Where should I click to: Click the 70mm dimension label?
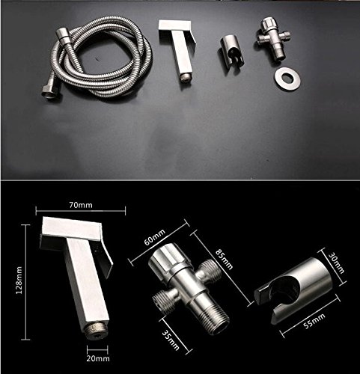pos(81,205)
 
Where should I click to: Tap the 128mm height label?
pos(19,280)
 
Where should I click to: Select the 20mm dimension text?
pos(98,358)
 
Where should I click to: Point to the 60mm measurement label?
pos(155,237)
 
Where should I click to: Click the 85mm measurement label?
pos(224,259)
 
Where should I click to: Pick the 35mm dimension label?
pos(171,340)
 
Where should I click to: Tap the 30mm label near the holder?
pos(337,263)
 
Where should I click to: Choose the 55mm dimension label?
pos(314,321)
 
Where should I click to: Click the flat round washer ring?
pos(287,79)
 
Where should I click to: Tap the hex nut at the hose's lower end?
pos(49,91)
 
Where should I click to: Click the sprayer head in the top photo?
pos(178,50)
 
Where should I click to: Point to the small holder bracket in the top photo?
pos(231,53)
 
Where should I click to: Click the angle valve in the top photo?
pos(273,39)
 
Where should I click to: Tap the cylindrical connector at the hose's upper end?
pos(63,37)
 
